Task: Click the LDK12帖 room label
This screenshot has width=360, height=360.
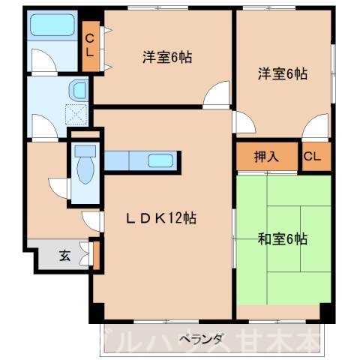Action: [160, 218]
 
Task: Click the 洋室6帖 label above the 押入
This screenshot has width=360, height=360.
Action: [283, 73]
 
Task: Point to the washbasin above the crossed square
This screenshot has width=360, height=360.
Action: [77, 91]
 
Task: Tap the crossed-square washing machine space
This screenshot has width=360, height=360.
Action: [77, 115]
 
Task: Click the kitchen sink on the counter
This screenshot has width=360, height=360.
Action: [161, 160]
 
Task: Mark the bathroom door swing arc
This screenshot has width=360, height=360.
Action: [43, 60]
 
